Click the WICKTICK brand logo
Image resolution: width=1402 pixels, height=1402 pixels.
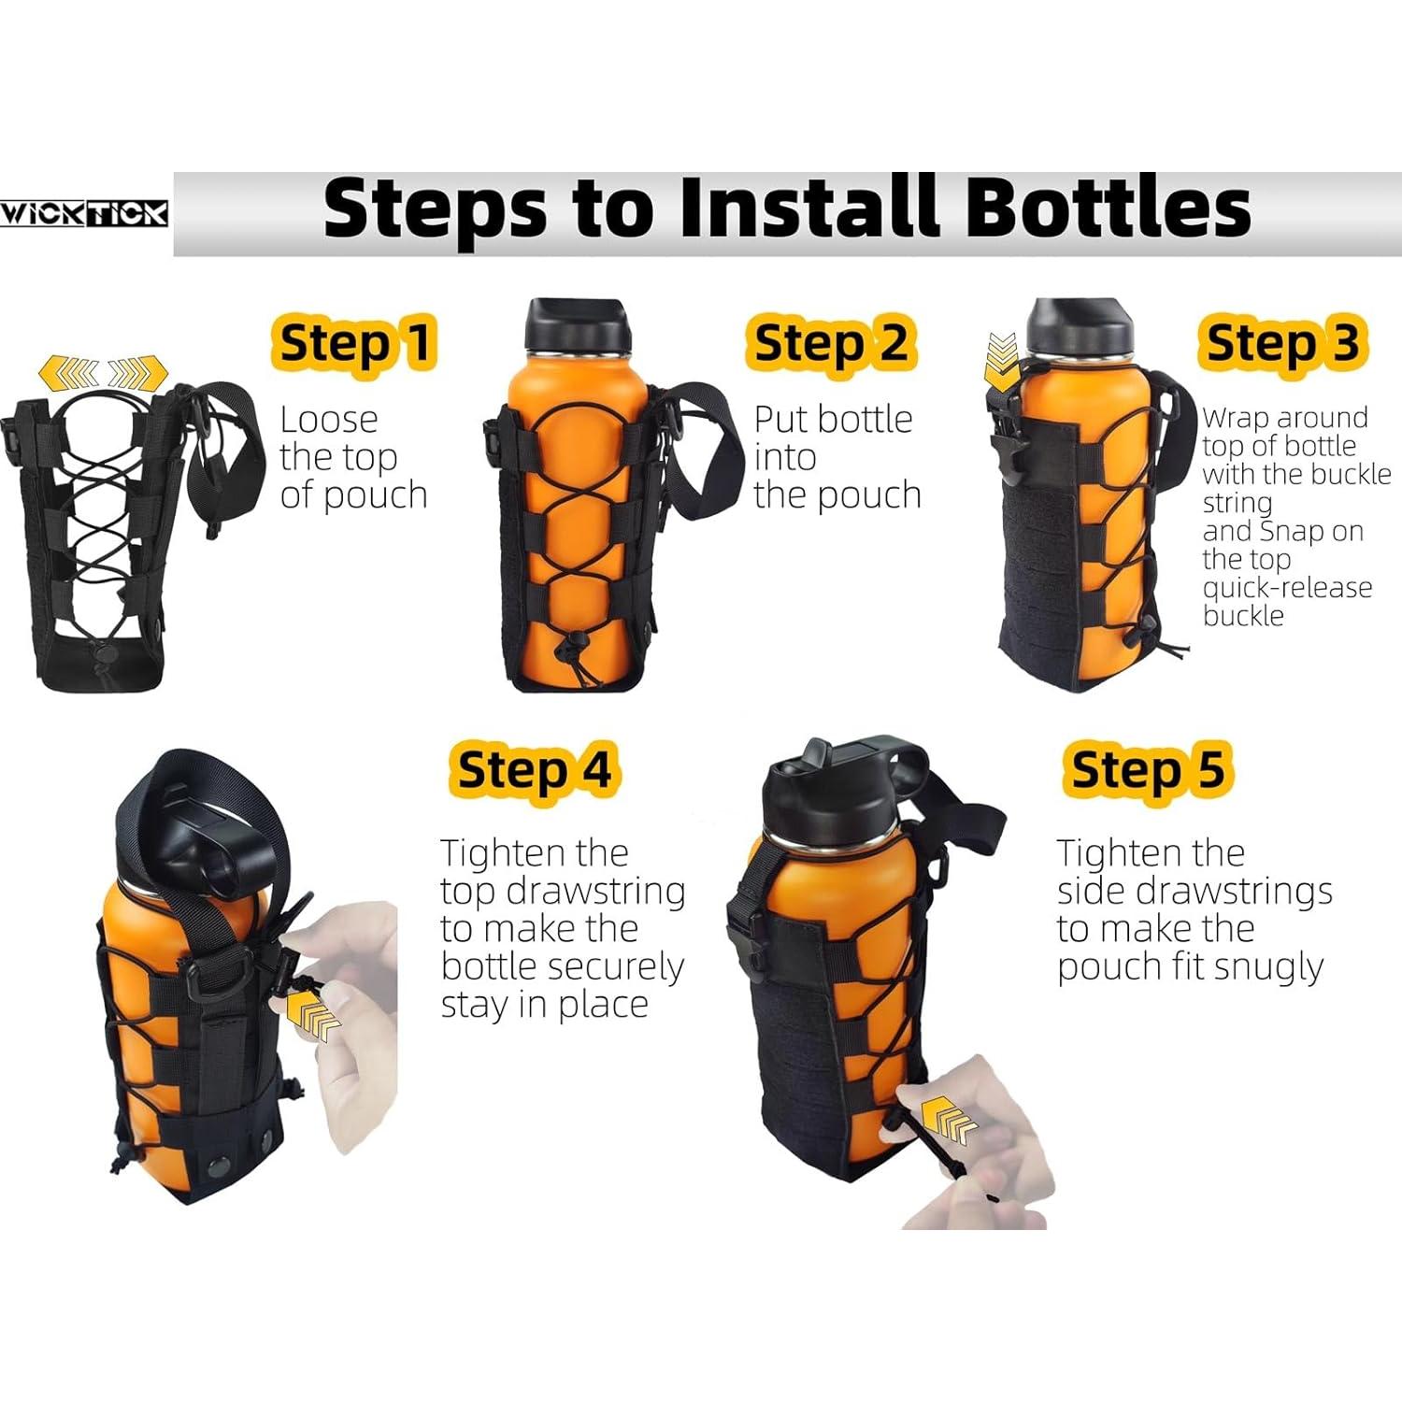(x=84, y=214)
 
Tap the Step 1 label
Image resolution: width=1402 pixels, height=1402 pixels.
(x=354, y=343)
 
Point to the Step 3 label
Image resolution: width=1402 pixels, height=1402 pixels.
(x=1281, y=343)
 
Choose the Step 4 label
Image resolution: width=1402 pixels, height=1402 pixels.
(x=533, y=771)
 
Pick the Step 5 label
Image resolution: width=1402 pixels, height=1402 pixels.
(x=1147, y=771)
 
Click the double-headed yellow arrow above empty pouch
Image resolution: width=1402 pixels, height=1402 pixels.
(x=103, y=376)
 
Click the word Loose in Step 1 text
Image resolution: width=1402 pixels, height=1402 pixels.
(x=329, y=420)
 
